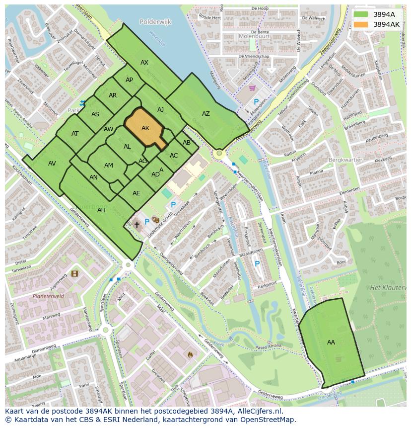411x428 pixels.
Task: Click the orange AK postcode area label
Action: tap(145, 128)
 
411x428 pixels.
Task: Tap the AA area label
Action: tap(331, 342)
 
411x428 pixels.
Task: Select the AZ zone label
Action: tap(205, 114)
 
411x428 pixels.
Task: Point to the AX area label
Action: tap(144, 63)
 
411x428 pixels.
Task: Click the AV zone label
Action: tap(52, 163)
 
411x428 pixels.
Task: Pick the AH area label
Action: tap(101, 210)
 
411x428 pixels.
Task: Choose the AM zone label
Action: tap(109, 166)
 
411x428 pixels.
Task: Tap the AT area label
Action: tap(75, 133)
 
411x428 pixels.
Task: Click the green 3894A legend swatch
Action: tap(361, 14)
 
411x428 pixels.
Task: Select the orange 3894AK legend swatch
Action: tap(361, 24)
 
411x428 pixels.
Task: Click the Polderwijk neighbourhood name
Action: tap(155, 22)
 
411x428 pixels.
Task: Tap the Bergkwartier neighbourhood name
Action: tap(345, 160)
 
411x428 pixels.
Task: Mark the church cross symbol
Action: tap(137, 225)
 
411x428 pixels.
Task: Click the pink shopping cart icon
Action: tap(253, 88)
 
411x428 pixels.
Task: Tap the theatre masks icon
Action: tap(156, 219)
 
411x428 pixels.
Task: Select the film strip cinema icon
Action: tap(74, 273)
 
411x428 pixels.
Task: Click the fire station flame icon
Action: tap(190, 354)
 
